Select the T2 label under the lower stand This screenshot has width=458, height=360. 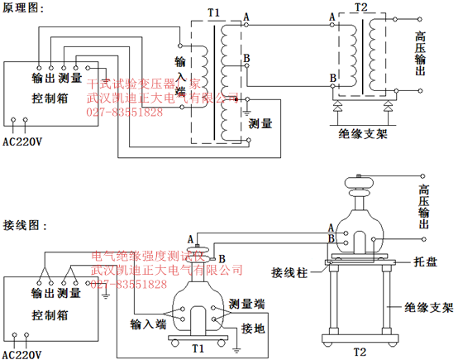click(x=359, y=352)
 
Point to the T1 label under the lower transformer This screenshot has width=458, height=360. click(x=198, y=348)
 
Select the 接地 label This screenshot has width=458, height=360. click(x=252, y=329)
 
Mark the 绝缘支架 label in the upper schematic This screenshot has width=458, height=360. click(x=364, y=132)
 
